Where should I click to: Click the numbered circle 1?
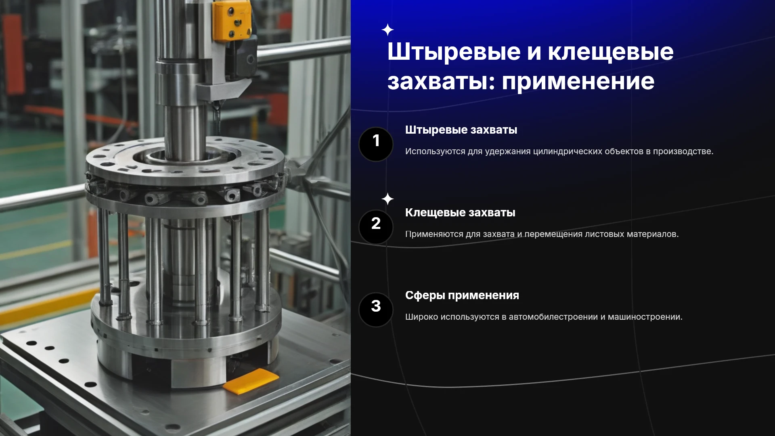(376, 144)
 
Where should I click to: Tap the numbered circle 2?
(376, 227)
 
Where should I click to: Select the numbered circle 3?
(376, 310)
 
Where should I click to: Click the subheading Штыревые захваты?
(461, 130)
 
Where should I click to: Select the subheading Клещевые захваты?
(460, 213)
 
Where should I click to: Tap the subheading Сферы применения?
(462, 296)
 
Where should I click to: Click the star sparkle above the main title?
(387, 30)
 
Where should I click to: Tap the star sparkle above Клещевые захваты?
(387, 199)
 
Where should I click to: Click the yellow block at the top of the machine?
(231, 20)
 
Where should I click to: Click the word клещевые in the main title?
(610, 52)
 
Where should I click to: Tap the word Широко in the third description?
(421, 317)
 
